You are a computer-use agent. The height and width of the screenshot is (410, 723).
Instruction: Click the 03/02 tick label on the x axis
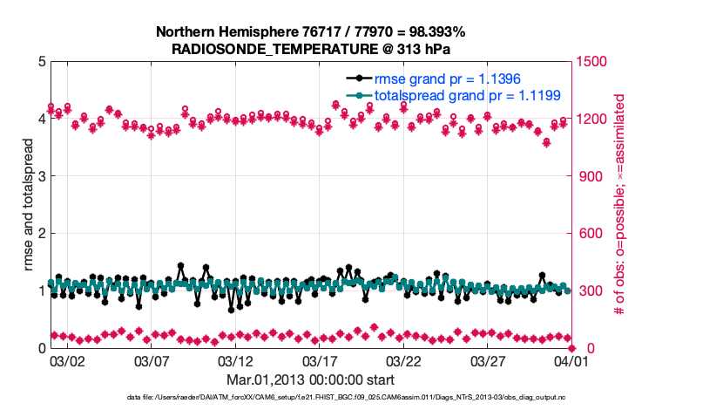click(67, 359)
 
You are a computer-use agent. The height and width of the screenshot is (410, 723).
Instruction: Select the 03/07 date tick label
click(151, 359)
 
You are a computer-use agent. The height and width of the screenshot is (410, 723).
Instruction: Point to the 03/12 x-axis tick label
click(235, 359)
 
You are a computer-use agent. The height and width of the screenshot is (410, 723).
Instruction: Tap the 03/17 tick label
click(319, 359)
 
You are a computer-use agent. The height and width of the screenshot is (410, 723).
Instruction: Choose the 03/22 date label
click(403, 359)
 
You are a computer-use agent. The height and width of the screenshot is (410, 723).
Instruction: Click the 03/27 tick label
click(487, 359)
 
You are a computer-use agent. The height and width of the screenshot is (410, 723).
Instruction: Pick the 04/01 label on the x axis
click(571, 359)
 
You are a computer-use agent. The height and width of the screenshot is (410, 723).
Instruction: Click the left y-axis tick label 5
click(42, 62)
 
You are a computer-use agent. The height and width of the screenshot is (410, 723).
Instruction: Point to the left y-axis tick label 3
click(42, 176)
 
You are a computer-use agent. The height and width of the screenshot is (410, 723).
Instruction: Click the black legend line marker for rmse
click(359, 79)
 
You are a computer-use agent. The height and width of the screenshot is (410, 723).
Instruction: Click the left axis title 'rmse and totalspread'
click(28, 205)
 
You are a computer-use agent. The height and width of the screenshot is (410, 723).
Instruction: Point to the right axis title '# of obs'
click(620, 205)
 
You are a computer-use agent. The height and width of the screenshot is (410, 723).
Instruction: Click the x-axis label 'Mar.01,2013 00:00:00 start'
click(310, 379)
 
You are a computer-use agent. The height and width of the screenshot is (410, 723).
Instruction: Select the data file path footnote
click(339, 398)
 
